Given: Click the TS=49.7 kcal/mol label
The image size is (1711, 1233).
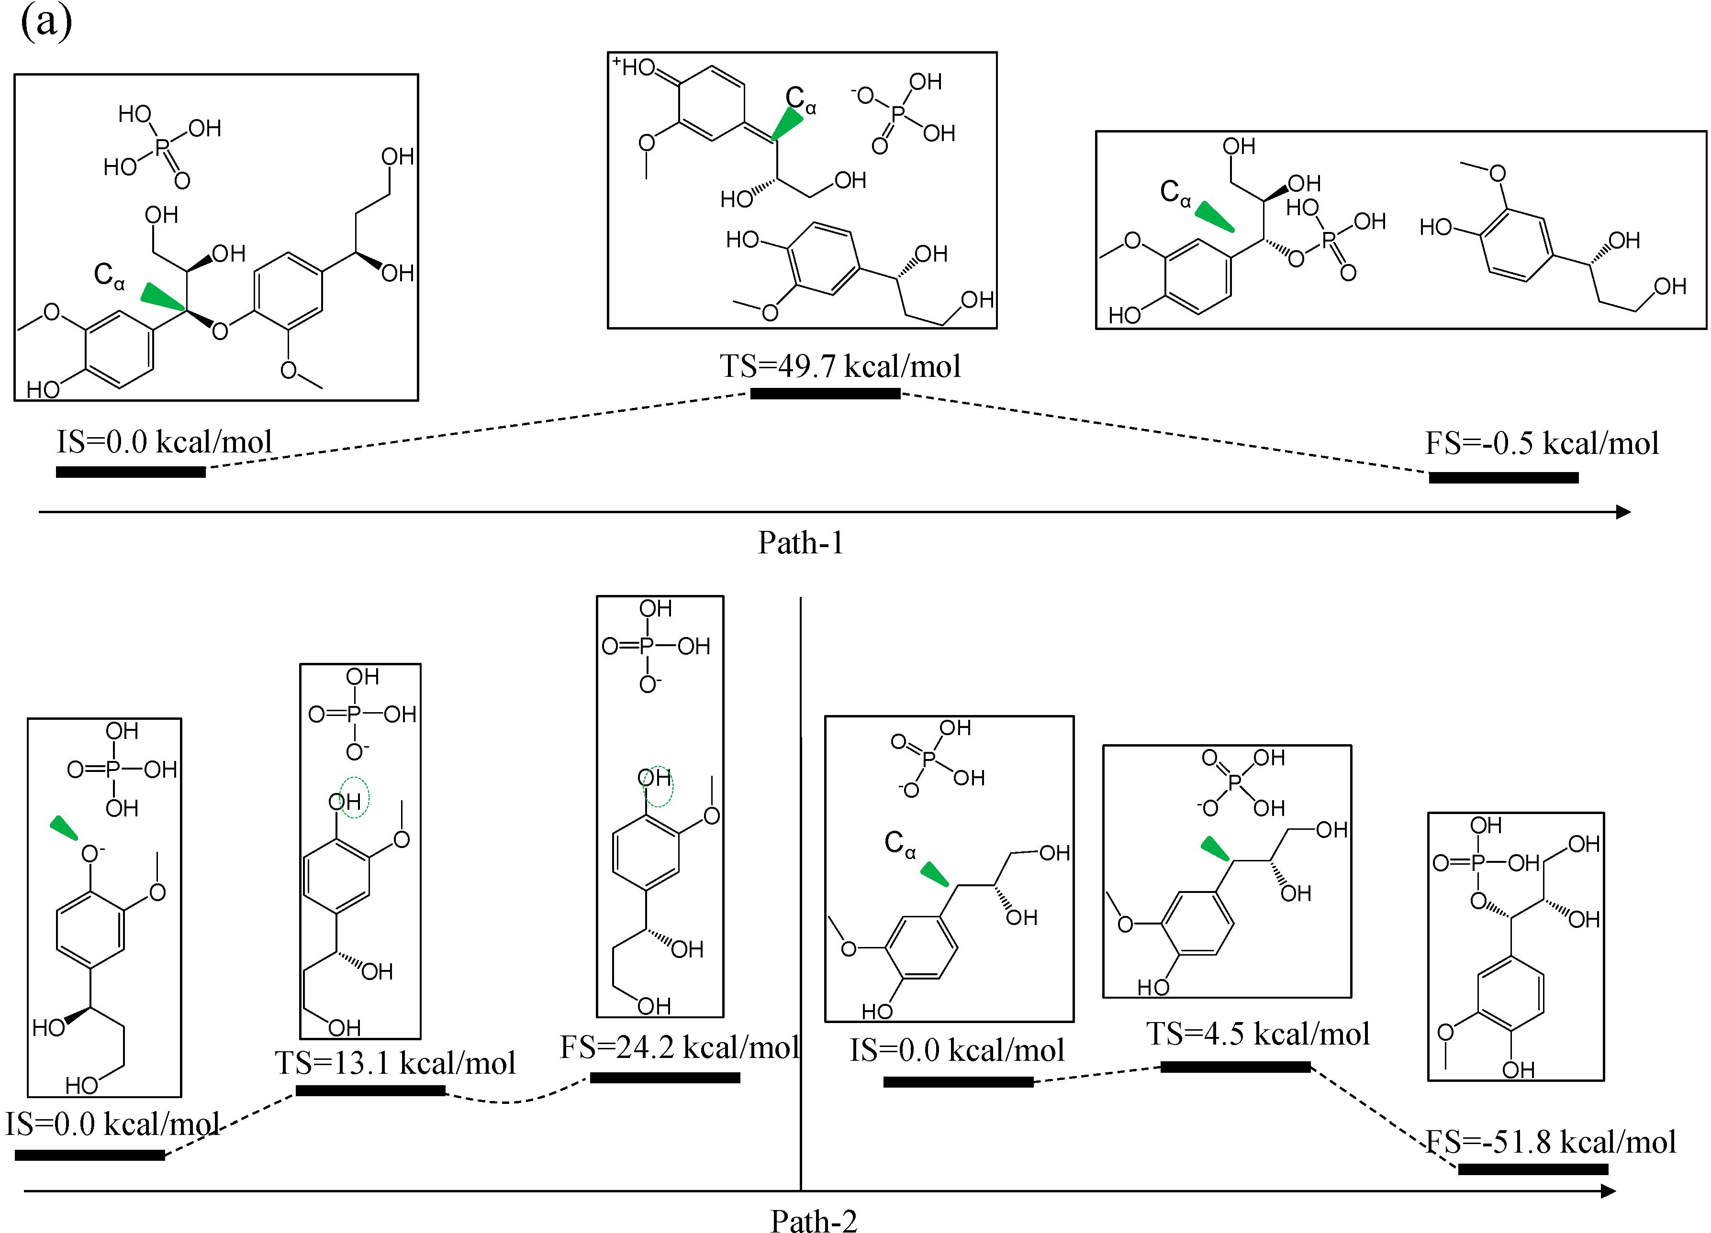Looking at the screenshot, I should point(839,366).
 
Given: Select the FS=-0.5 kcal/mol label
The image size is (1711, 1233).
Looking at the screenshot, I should point(1541,443).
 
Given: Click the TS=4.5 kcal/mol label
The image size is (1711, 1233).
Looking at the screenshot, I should point(1258,1034).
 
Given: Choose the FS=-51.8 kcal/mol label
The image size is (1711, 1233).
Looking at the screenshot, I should point(1550,1143).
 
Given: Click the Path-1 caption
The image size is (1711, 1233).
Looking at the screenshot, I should point(800,543).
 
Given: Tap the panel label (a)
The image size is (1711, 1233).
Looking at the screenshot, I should point(46,21).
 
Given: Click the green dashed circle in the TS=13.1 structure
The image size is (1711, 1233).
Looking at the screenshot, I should point(354,797).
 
